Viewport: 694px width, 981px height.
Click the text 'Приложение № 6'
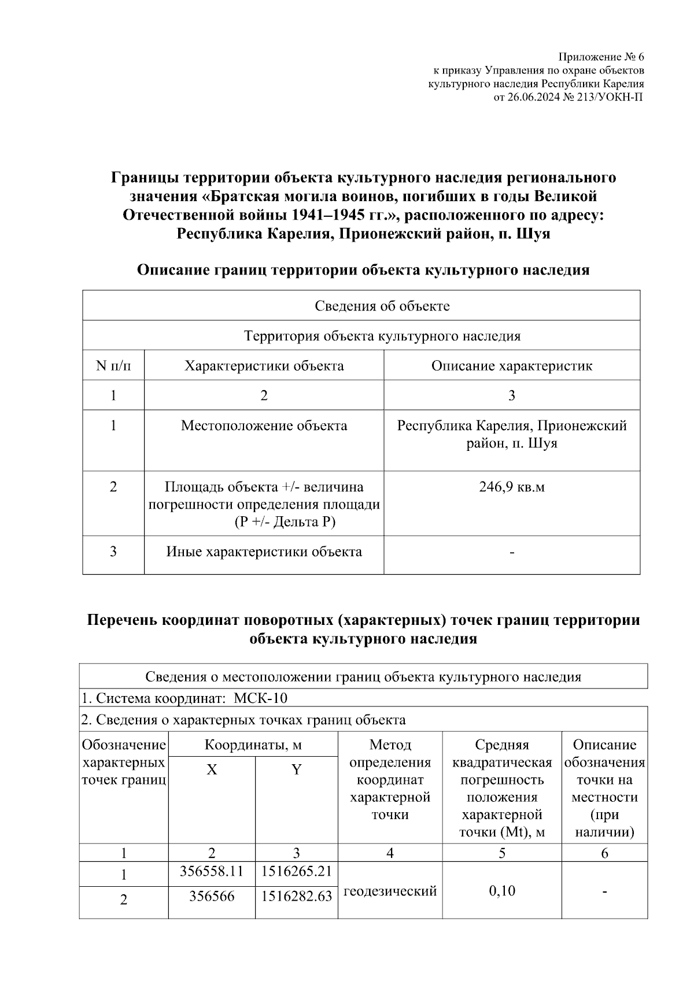coord(600,57)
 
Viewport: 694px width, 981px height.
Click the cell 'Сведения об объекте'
coord(382,306)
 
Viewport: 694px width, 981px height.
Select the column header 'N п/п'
coord(113,366)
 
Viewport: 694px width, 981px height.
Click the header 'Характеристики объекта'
coord(264,366)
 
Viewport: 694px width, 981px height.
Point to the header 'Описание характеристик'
coord(511,366)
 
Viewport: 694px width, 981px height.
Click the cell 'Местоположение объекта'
coord(264,426)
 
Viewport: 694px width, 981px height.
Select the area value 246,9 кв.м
coord(511,487)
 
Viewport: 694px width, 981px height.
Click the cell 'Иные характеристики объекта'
coord(264,551)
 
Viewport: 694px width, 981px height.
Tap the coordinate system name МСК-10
coord(260,698)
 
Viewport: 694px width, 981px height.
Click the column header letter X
coord(212,769)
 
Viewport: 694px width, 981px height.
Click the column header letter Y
coord(296,769)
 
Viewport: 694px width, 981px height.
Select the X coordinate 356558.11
coord(212,871)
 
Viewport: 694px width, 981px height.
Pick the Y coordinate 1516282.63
coord(296,896)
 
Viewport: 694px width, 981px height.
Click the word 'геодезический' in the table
coord(390,891)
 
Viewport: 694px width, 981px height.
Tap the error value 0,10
coord(501,891)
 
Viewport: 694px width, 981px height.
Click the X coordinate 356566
coord(212,896)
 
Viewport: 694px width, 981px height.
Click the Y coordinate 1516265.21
coord(296,871)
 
